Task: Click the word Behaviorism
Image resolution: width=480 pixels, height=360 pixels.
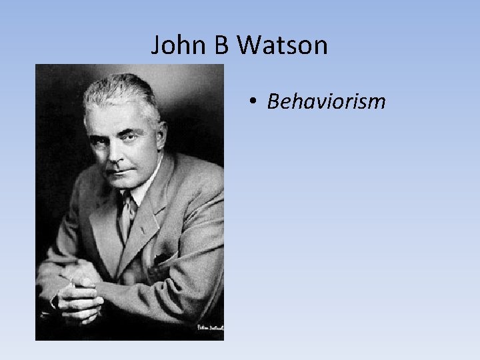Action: click(x=326, y=101)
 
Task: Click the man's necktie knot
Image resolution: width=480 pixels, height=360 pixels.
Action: click(x=126, y=200)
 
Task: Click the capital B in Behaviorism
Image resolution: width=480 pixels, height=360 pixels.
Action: click(x=272, y=101)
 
